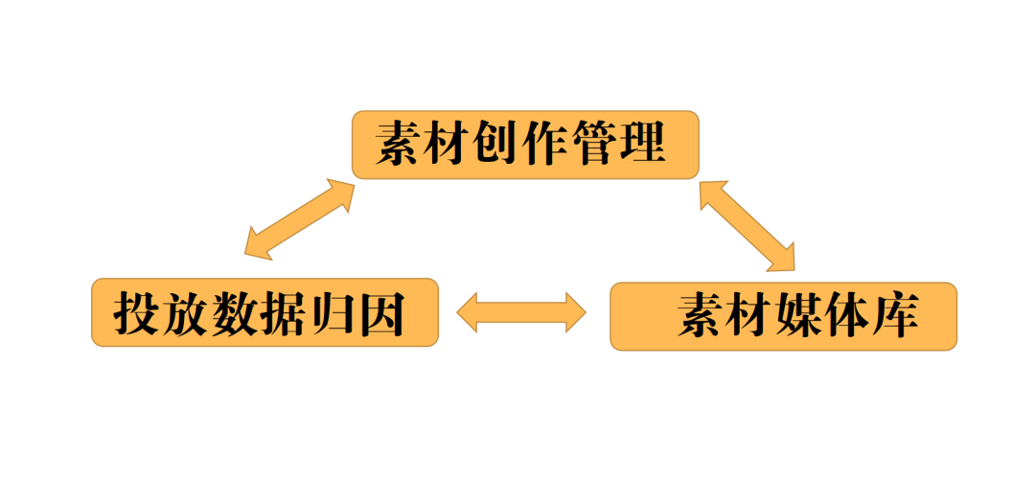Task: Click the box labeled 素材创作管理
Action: pyautogui.click(x=525, y=145)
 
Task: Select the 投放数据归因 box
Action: pyautogui.click(x=264, y=312)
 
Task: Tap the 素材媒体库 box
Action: pyautogui.click(x=783, y=316)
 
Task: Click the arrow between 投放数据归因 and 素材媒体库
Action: pyautogui.click(x=521, y=312)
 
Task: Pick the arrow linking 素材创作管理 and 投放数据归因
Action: pyautogui.click(x=300, y=219)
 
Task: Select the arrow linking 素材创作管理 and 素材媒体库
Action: pyautogui.click(x=747, y=225)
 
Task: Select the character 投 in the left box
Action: pyautogui.click(x=136, y=312)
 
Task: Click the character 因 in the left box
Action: pyautogui.click(x=382, y=312)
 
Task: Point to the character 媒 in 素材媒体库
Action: pyautogui.click(x=798, y=316)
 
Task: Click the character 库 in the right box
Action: pyautogui.click(x=897, y=316)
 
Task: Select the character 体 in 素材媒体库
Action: pyautogui.click(x=848, y=316)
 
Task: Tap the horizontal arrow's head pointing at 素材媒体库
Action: pyautogui.click(x=576, y=312)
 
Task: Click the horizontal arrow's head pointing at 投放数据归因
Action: pyautogui.click(x=468, y=312)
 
